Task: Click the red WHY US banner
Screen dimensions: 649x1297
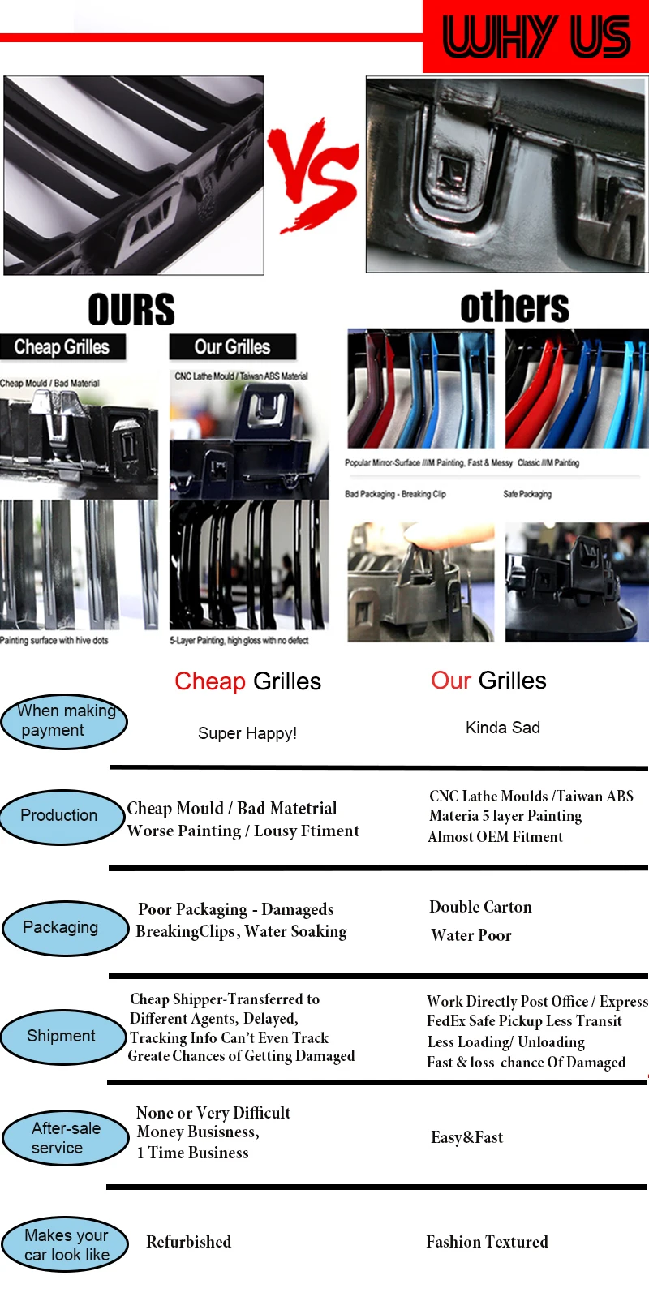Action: tap(535, 37)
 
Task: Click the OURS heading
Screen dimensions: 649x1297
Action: tap(131, 310)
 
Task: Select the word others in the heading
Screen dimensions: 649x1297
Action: tap(514, 307)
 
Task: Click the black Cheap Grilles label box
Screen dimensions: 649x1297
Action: tap(62, 347)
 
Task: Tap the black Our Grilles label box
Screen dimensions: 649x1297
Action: tap(232, 347)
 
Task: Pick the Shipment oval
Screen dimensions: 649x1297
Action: tap(62, 1036)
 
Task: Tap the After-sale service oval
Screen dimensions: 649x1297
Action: tap(64, 1138)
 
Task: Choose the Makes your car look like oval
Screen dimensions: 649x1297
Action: tap(65, 1244)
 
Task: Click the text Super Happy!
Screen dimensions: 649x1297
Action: tap(247, 733)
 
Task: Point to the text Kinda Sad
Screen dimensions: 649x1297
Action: tap(503, 728)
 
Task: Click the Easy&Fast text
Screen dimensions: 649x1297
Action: tap(466, 1137)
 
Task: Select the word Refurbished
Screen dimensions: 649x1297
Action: tap(188, 1242)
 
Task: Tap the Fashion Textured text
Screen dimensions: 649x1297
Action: tap(487, 1242)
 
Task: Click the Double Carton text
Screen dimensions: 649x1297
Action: tap(480, 907)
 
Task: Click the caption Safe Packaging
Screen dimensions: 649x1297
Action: tap(527, 494)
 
